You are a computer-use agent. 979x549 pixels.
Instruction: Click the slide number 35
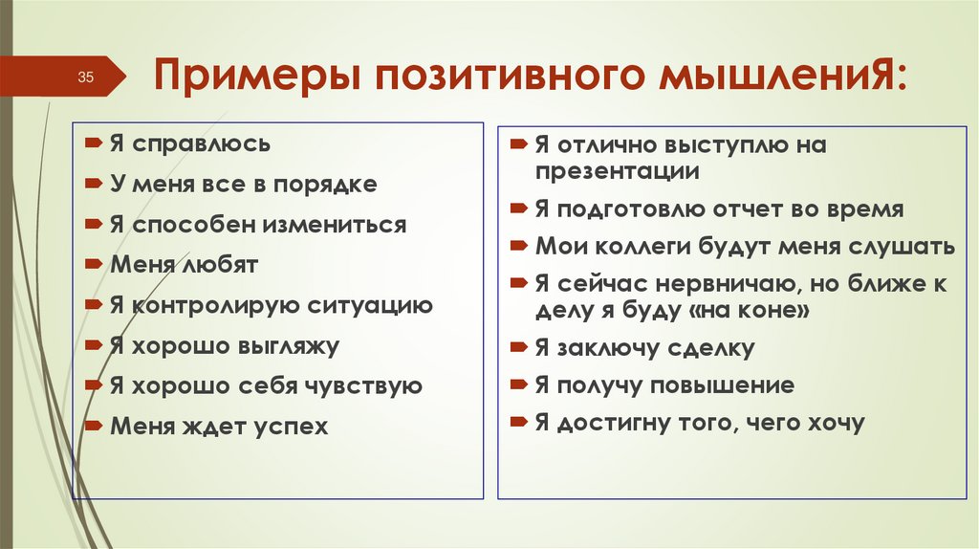(83, 77)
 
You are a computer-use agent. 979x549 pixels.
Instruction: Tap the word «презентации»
(617, 172)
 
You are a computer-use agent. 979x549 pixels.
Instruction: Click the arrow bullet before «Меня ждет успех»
(91, 425)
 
